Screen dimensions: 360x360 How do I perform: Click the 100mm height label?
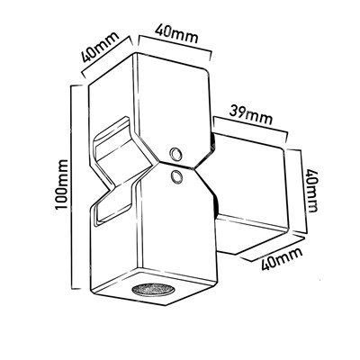[x=61, y=184]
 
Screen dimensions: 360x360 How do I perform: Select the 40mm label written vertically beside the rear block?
[x=311, y=192]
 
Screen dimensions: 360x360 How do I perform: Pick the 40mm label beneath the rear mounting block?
[x=282, y=258]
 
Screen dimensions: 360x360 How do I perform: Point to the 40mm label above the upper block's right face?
[x=176, y=34]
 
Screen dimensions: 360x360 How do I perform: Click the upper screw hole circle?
[x=175, y=154]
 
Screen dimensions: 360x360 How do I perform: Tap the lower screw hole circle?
[x=175, y=176]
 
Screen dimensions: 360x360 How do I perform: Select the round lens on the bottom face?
[x=153, y=289]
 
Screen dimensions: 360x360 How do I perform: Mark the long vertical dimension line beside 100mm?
[x=73, y=186]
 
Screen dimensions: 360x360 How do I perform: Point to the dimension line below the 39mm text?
[x=249, y=130]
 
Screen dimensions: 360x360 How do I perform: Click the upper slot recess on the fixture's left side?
[x=112, y=141]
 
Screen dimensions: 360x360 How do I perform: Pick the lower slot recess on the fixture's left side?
[x=113, y=204]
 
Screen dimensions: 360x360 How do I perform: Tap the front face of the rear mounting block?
[x=249, y=183]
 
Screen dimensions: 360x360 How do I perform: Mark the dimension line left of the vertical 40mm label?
[x=297, y=190]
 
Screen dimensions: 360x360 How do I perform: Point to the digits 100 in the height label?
[x=61, y=197]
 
